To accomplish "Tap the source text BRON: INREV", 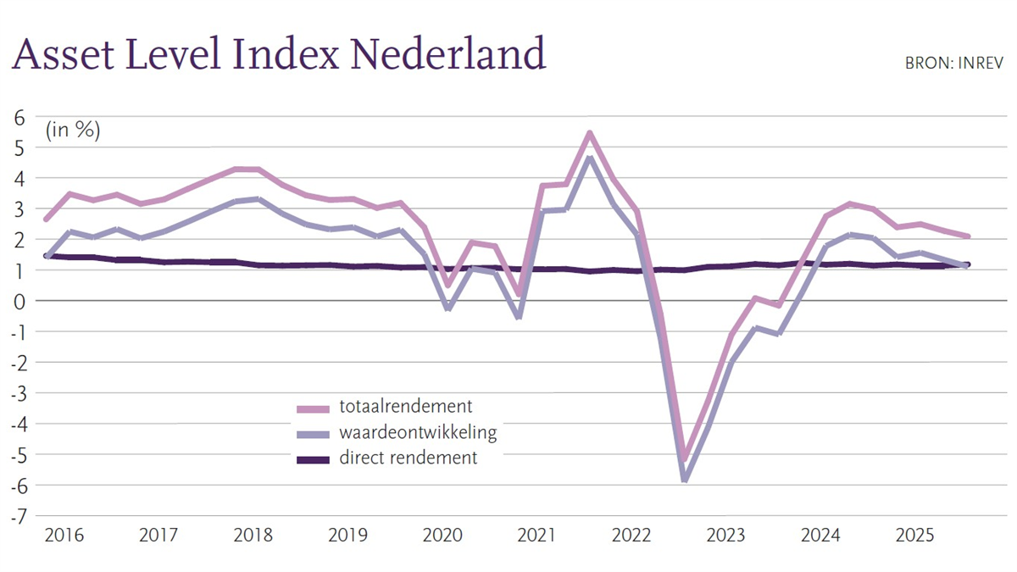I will click(953, 63).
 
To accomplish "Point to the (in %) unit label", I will click(73, 131).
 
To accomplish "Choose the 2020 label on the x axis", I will click(442, 536).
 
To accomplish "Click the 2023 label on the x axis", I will click(725, 536).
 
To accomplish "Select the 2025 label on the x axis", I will click(915, 536).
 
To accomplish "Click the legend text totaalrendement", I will click(405, 407).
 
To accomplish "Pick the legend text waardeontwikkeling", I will click(417, 432).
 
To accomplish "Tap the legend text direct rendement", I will click(408, 458).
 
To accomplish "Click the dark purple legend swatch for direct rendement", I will click(313, 459).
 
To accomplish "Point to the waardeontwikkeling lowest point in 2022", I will click(684, 480).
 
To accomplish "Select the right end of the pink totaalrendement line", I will click(967, 236).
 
